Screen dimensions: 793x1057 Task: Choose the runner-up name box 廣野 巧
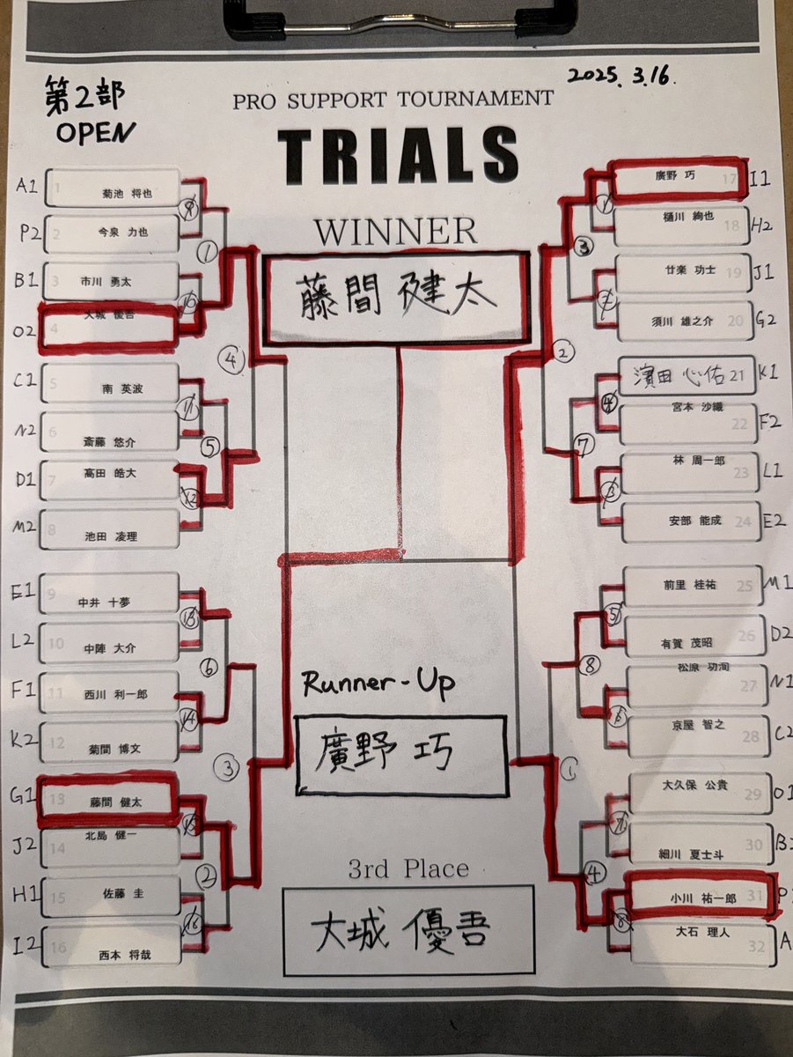pos(401,755)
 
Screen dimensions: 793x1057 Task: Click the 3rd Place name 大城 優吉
pos(408,929)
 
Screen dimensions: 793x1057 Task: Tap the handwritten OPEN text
pos(96,132)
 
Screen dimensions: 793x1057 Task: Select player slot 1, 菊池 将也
pos(113,191)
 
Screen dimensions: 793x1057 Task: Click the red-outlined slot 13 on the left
pos(107,800)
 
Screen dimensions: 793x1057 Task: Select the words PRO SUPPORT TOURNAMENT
pos(393,100)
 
